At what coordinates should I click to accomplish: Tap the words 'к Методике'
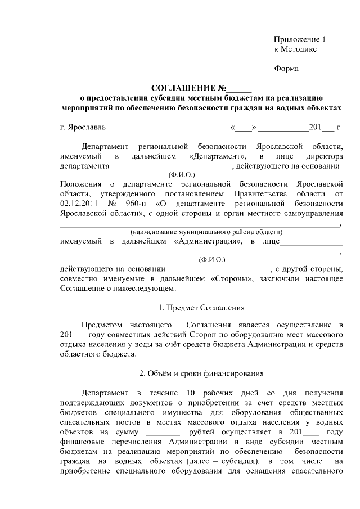pyautogui.click(x=295, y=49)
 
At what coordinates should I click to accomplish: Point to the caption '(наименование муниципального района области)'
pyautogui.click(x=206, y=232)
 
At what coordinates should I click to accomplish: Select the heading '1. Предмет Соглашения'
pyautogui.click(x=201, y=308)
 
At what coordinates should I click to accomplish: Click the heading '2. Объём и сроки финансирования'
pyautogui.click(x=201, y=373)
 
